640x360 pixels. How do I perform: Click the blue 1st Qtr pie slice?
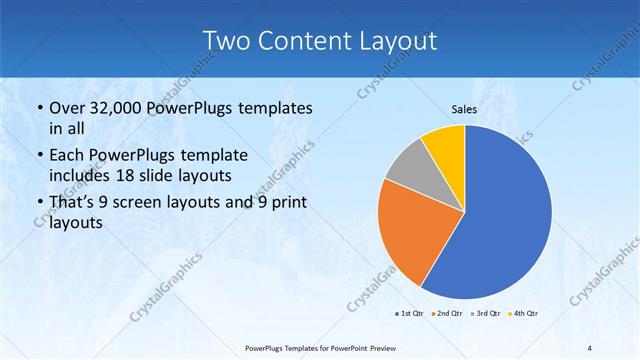[x=505, y=215]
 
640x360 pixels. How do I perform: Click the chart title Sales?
[x=463, y=109]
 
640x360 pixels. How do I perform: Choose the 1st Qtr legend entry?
[x=410, y=314]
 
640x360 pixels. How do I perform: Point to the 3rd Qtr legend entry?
[x=484, y=314]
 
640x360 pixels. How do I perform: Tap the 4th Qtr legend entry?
[x=521, y=314]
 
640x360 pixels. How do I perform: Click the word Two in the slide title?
[x=226, y=41]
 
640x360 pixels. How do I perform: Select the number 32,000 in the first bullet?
[x=113, y=108]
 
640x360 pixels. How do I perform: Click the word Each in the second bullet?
[x=67, y=155]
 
